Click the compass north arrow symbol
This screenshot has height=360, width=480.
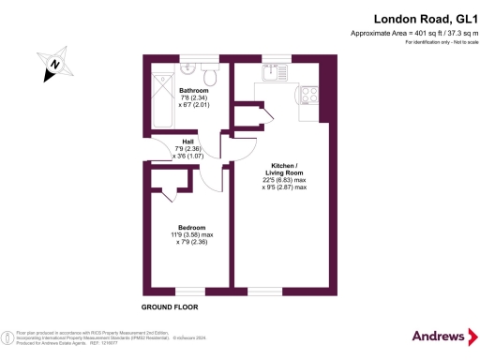click(x=55, y=64)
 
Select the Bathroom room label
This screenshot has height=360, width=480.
click(x=193, y=91)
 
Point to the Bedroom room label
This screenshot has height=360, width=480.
click(x=191, y=227)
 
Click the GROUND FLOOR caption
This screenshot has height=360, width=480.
click(x=170, y=307)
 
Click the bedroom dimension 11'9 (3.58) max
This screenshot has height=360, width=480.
click(x=192, y=234)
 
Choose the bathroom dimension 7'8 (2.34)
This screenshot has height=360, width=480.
click(x=193, y=98)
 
